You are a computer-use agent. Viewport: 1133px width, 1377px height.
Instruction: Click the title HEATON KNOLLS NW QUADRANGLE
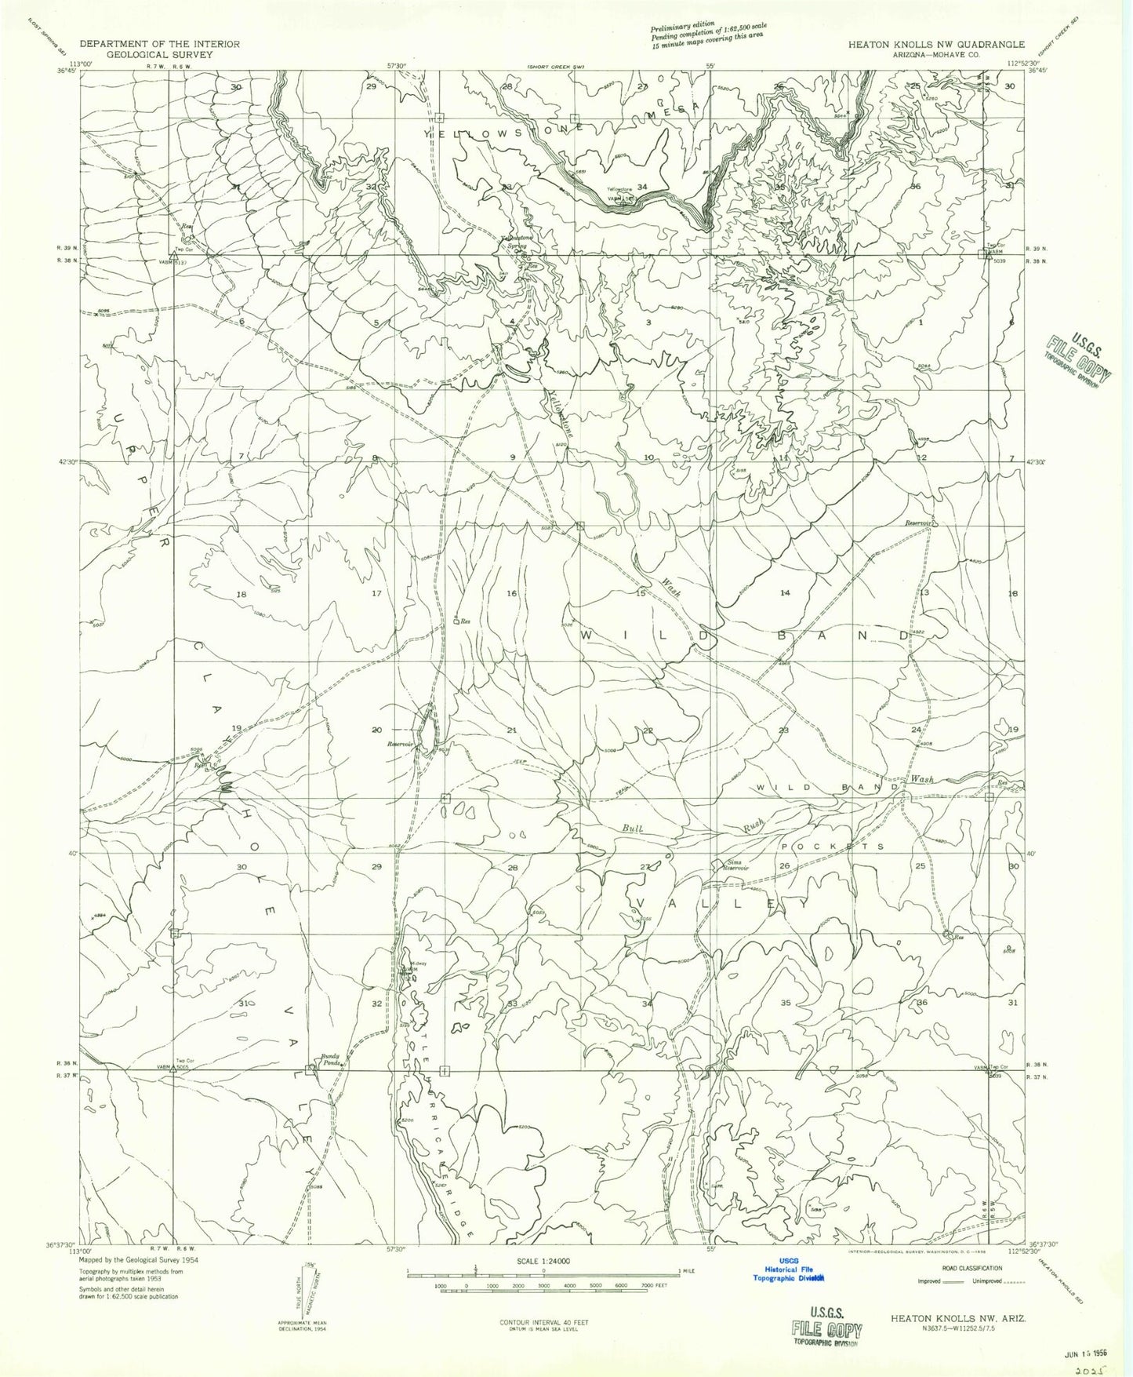[x=935, y=45]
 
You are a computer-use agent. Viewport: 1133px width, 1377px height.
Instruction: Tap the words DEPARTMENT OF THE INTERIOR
[x=159, y=44]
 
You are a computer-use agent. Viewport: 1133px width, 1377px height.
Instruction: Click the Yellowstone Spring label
[x=517, y=241]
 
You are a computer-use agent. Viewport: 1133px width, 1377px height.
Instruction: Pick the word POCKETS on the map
[x=833, y=847]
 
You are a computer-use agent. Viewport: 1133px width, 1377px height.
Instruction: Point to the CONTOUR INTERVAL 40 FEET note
[x=543, y=1322]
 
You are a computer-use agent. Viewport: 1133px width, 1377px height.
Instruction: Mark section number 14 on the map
[x=785, y=593]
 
